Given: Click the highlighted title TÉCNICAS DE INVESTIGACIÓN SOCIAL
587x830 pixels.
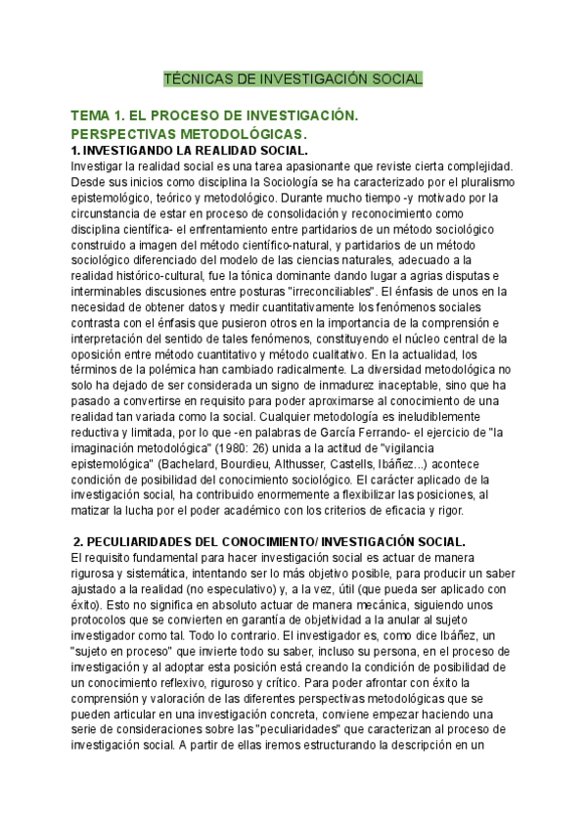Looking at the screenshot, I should [293, 78].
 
